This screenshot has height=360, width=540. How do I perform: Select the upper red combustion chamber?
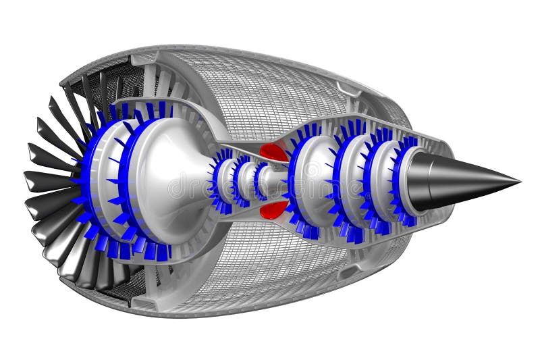click(274, 152)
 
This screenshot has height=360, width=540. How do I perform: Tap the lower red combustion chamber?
click(273, 209)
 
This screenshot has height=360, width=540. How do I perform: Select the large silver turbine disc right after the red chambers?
click(312, 181)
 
